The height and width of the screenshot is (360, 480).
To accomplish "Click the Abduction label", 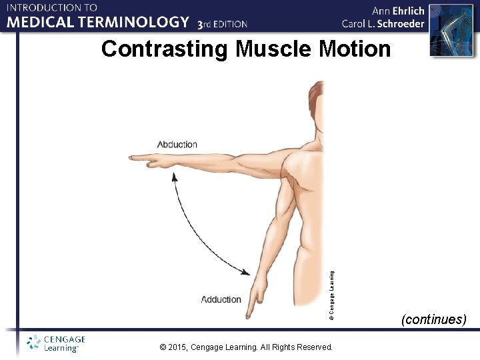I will (177, 145).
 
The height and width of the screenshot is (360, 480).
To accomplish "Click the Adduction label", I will (221, 299).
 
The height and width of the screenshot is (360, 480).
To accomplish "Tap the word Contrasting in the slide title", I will (164, 49).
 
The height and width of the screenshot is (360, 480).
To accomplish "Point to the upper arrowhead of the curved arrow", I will (175, 177).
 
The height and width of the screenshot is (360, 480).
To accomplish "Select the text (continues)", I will (433, 319).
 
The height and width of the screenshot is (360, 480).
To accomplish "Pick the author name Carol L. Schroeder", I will (383, 24).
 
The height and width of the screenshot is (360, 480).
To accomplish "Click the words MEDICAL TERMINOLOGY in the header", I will (99, 22).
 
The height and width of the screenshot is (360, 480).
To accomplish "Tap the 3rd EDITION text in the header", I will (223, 24).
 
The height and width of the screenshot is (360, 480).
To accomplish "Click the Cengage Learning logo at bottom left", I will (57, 343).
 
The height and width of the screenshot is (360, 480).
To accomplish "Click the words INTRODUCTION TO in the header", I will (52, 7).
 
